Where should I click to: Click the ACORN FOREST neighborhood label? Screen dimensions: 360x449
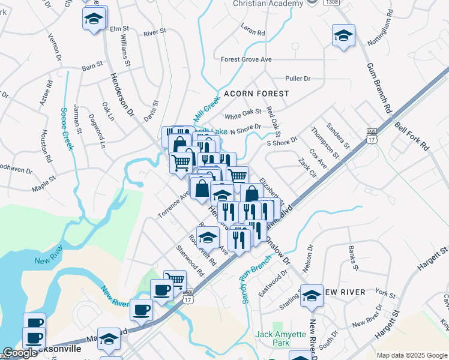coord(256,94)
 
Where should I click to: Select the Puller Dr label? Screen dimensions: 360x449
coord(298,79)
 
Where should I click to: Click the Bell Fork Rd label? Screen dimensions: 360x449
coord(412,137)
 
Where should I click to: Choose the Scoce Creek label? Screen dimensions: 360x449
coord(67,129)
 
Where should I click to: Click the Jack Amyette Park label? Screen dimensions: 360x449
coord(277,338)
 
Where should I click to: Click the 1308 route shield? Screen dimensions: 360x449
coord(330,2)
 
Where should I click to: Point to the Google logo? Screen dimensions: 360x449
coord(20,353)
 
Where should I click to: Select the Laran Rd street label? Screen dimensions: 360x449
coord(253,29)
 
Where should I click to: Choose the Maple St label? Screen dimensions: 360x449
coord(44,182)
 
